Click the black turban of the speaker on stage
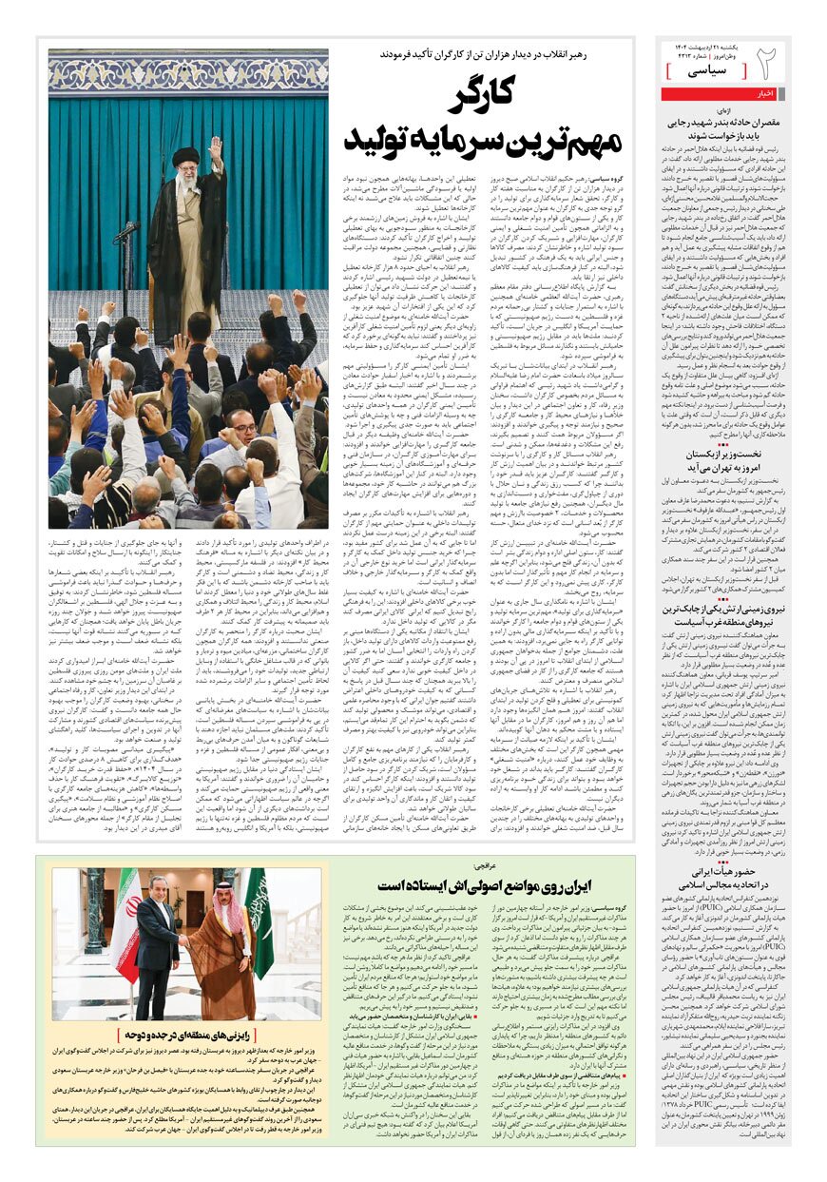[x=186, y=154]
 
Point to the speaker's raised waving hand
[x=216, y=147]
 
